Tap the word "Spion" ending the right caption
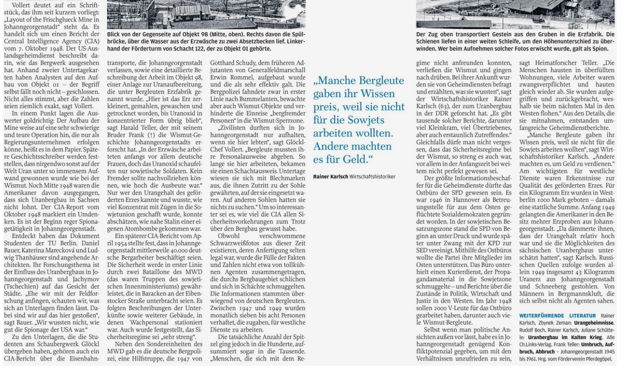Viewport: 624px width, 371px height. pyautogui.click(x=604, y=48)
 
